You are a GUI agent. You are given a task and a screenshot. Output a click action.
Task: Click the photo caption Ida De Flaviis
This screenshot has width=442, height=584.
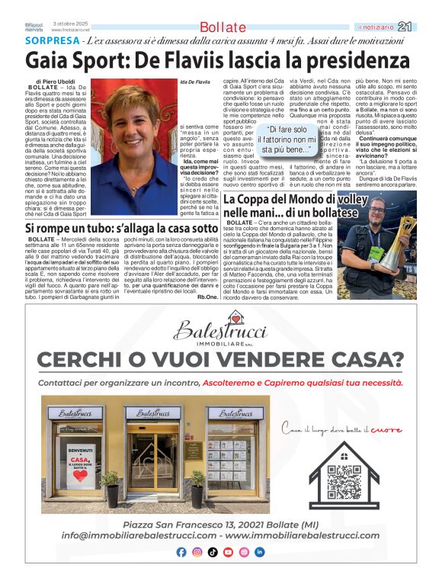195,81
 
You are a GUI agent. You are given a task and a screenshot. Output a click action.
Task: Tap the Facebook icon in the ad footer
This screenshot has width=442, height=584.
181,552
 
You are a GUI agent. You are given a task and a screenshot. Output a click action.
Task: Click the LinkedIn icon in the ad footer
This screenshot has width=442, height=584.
259,552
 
